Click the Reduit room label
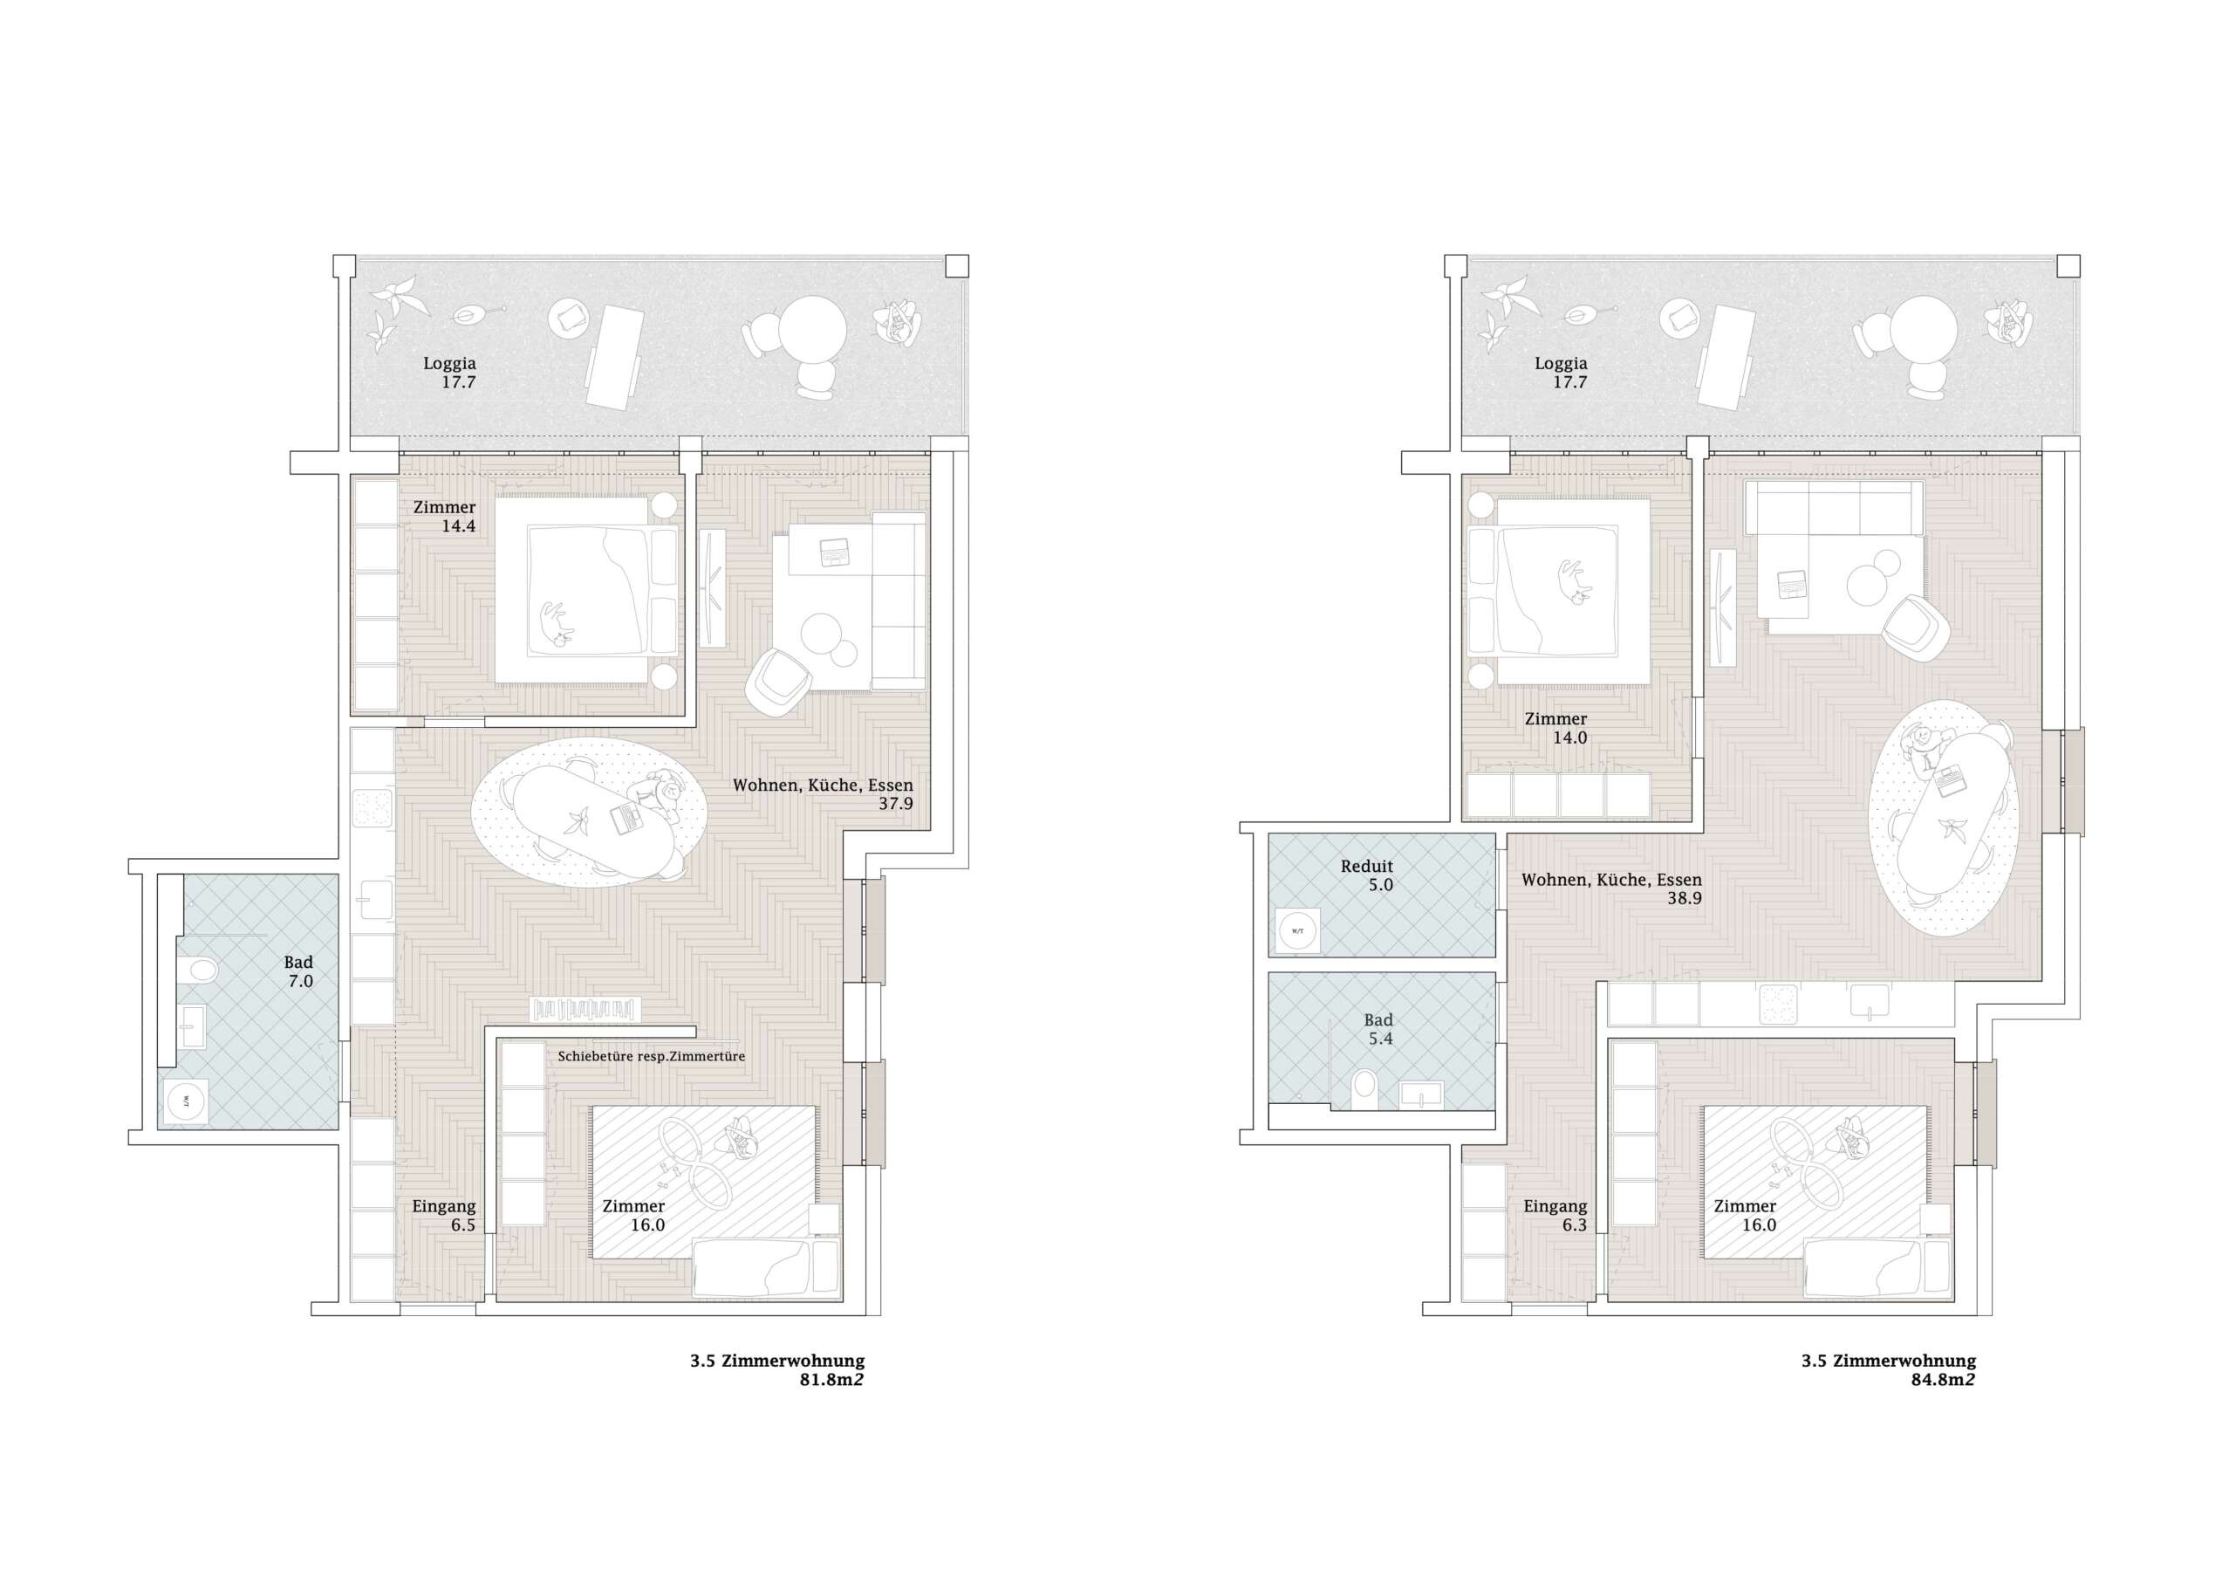1366,867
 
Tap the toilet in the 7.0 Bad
203,968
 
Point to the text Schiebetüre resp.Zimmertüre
652,1056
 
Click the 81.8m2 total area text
831,1379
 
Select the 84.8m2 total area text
1942,1379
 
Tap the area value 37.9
895,804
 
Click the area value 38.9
1684,898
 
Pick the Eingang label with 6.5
444,1216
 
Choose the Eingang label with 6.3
1555,1216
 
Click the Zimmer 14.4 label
444,516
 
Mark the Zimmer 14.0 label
1555,728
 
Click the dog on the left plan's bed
556,623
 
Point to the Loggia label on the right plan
1561,363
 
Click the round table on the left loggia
813,329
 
